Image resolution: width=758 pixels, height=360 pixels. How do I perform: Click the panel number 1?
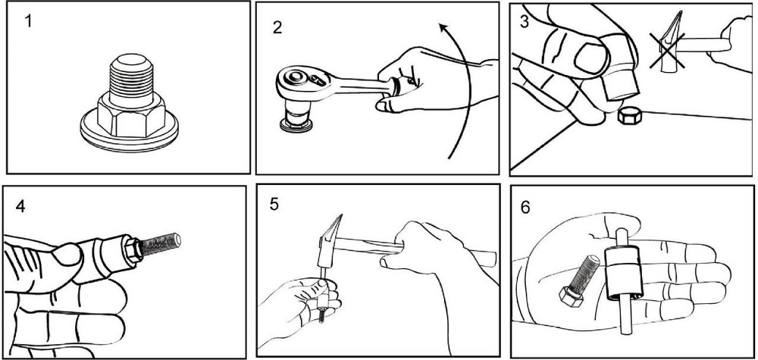[x=29, y=22]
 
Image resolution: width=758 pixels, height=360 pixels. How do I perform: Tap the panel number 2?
[x=277, y=27]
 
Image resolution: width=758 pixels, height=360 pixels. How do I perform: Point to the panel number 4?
[x=20, y=206]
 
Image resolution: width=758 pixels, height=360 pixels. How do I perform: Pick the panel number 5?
[x=274, y=204]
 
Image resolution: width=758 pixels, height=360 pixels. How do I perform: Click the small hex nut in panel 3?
[x=630, y=117]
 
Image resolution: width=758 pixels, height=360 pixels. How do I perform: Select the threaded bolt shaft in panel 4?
[x=160, y=244]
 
